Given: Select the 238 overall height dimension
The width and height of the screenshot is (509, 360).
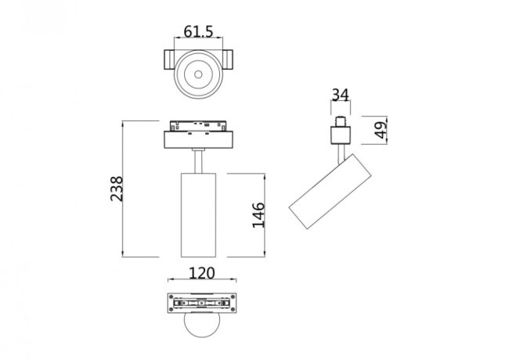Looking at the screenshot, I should pyautogui.click(x=117, y=188).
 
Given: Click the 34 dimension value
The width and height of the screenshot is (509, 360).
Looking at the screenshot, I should pyautogui.click(x=339, y=95).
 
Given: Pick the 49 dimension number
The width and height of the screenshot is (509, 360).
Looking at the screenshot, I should pyautogui.click(x=380, y=130).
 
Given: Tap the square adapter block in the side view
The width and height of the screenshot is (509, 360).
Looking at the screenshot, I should pyautogui.click(x=339, y=135).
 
